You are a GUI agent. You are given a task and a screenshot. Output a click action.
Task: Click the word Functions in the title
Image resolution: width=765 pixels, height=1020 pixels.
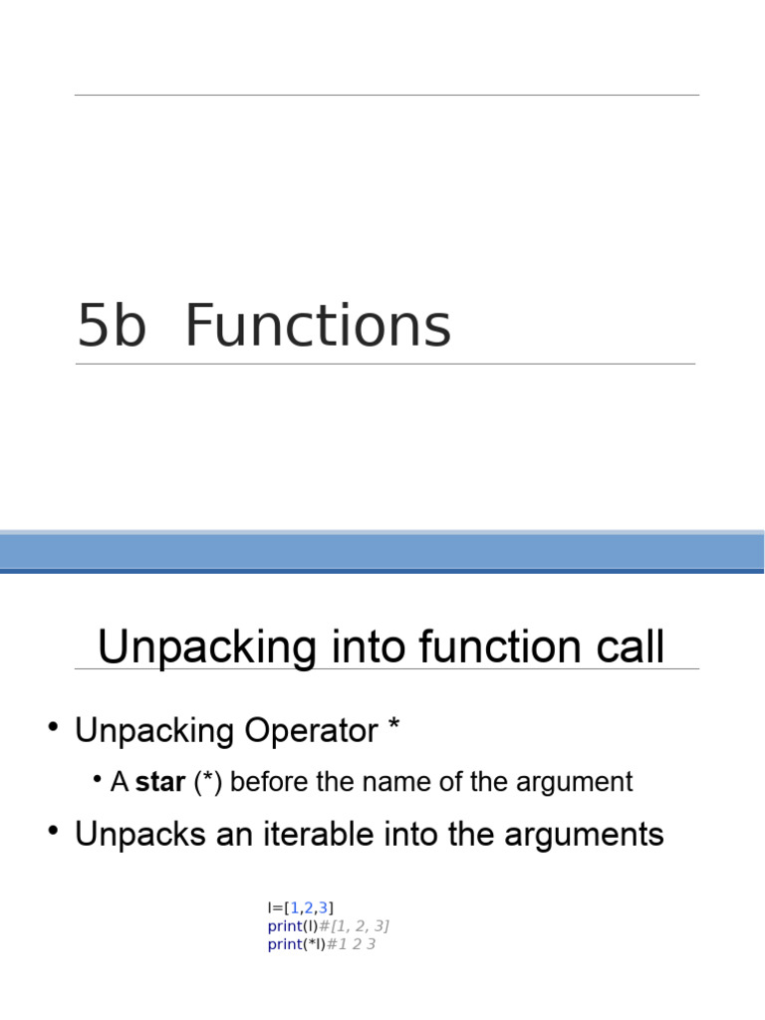pyautogui.click(x=318, y=327)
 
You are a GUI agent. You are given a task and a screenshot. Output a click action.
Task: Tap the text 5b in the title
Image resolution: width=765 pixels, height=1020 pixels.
pyautogui.click(x=112, y=327)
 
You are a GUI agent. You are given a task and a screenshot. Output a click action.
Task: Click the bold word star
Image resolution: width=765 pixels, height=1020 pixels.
pyautogui.click(x=160, y=782)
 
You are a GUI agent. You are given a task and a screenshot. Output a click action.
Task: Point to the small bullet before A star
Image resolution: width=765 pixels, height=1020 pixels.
pyautogui.click(x=98, y=780)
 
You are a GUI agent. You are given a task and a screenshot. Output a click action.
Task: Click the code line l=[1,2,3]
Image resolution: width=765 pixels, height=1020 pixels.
pyautogui.click(x=301, y=907)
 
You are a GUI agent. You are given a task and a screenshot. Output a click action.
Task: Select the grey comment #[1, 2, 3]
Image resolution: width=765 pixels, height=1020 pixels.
pyautogui.click(x=354, y=926)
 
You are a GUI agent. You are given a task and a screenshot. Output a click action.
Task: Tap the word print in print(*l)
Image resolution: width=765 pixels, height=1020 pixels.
pyautogui.click(x=284, y=944)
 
